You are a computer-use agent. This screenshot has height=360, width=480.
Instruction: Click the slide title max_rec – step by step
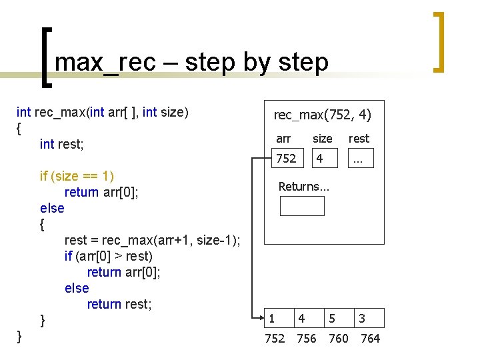[191, 62]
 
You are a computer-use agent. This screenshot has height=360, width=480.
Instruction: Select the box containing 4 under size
[325, 158]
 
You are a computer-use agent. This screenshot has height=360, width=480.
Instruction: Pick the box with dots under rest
[360, 158]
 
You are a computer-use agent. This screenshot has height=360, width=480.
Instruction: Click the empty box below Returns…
[302, 206]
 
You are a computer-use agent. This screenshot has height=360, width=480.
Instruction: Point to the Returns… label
[303, 187]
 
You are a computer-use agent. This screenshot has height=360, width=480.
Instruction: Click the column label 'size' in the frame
[323, 139]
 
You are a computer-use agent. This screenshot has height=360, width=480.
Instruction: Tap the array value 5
[331, 319]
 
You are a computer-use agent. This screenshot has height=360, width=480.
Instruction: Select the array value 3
[362, 319]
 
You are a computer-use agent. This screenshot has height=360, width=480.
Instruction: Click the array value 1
[272, 319]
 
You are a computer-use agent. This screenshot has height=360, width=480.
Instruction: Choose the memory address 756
[306, 339]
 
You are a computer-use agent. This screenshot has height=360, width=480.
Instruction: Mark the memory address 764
[370, 339]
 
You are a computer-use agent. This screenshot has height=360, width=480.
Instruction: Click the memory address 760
[339, 339]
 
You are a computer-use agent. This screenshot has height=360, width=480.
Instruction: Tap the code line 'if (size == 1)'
[77, 176]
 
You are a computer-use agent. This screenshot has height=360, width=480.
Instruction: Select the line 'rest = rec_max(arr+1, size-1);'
[153, 240]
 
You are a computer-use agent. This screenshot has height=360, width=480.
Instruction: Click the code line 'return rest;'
[119, 304]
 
